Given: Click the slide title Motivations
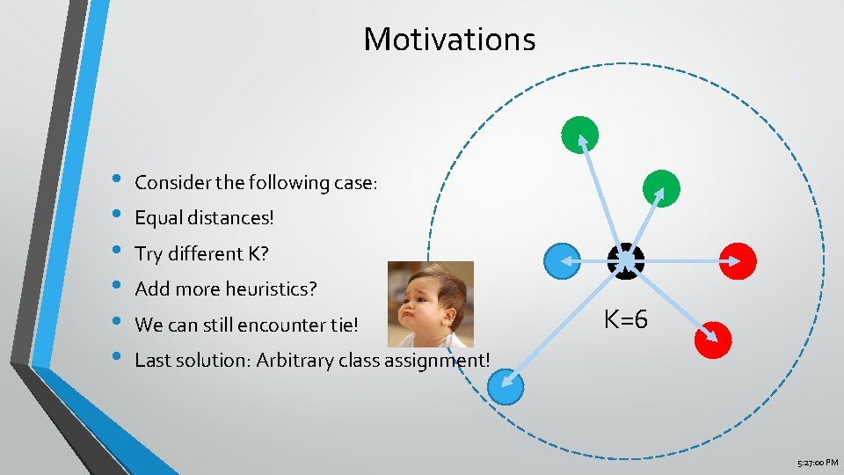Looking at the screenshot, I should pos(449,40).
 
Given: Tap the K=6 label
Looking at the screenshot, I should pos(626,320).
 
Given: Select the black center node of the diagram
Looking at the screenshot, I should pos(626,259).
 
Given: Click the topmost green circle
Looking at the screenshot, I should pos(580,135).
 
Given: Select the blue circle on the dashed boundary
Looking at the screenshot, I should pos(505,386).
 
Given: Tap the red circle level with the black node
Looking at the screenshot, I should pos(738,260).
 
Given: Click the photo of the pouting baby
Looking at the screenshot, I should pos(430,304).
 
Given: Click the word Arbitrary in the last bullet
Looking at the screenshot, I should pos(295,360).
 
